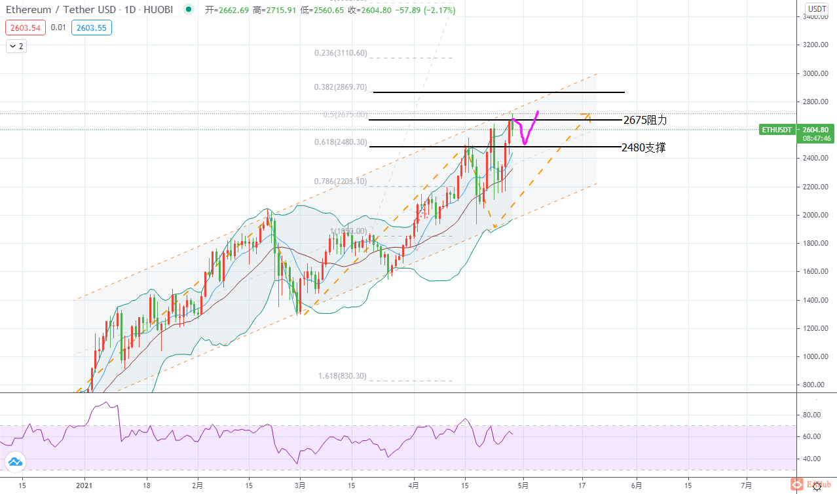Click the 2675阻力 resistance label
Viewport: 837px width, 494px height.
(645, 121)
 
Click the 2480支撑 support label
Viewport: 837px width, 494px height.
(644, 148)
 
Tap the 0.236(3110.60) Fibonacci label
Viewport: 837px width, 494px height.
(341, 53)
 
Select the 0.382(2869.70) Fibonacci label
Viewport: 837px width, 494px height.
(341, 87)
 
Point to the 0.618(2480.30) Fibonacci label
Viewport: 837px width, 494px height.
(341, 142)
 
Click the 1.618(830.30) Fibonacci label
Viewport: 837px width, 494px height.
(342, 376)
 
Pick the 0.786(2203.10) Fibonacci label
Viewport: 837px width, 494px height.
(341, 181)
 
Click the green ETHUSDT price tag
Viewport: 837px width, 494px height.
(777, 130)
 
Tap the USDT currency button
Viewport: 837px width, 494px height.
(817, 9)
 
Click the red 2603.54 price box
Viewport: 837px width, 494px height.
(25, 28)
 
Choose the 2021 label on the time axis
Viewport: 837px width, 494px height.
(84, 485)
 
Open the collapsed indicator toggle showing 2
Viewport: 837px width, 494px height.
(16, 46)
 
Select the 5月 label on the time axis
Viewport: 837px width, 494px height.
(523, 485)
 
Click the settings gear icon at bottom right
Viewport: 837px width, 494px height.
(817, 486)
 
